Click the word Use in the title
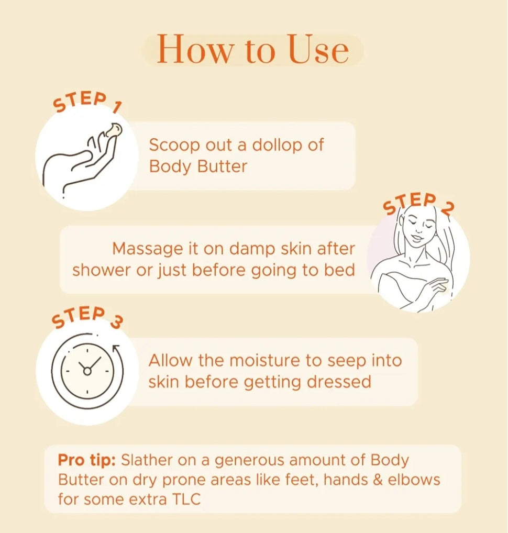(x=318, y=49)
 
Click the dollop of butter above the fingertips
(x=114, y=130)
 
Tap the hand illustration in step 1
(x=82, y=160)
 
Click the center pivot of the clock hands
(x=87, y=371)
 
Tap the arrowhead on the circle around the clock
(x=117, y=348)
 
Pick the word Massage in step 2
(x=148, y=249)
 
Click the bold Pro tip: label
(x=87, y=461)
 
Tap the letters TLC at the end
(x=186, y=499)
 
